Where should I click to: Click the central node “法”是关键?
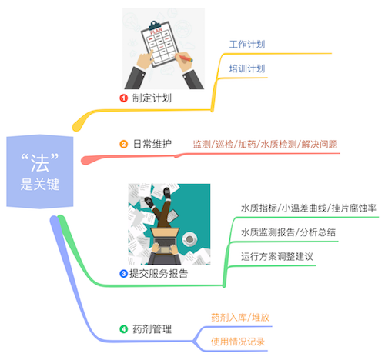pyautogui.click(x=40, y=172)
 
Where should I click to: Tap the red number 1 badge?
pyautogui.click(x=123, y=98)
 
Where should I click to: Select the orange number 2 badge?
pyautogui.click(x=123, y=144)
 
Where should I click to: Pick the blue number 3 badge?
pyautogui.click(x=123, y=274)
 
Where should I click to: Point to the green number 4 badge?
pyautogui.click(x=123, y=329)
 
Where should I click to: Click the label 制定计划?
pyautogui.click(x=152, y=98)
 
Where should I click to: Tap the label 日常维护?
pyautogui.click(x=152, y=144)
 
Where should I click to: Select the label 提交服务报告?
pyautogui.click(x=159, y=274)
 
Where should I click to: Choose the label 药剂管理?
pyautogui.click(x=152, y=329)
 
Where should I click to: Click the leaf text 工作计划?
pyautogui.click(x=247, y=45)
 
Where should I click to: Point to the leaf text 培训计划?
pyautogui.click(x=247, y=68)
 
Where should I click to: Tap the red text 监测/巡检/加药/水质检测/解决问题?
pyautogui.click(x=265, y=145)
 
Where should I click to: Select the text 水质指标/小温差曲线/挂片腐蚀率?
pyautogui.click(x=309, y=208)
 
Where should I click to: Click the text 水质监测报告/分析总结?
pyautogui.click(x=288, y=232)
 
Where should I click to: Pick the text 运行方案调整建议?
pyautogui.click(x=277, y=257)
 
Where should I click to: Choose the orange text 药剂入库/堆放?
pyautogui.click(x=240, y=318)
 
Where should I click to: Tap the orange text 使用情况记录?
pyautogui.click(x=238, y=342)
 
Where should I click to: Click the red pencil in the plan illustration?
pyautogui.click(x=184, y=58)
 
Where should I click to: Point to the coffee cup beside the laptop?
pyautogui.click(x=190, y=239)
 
